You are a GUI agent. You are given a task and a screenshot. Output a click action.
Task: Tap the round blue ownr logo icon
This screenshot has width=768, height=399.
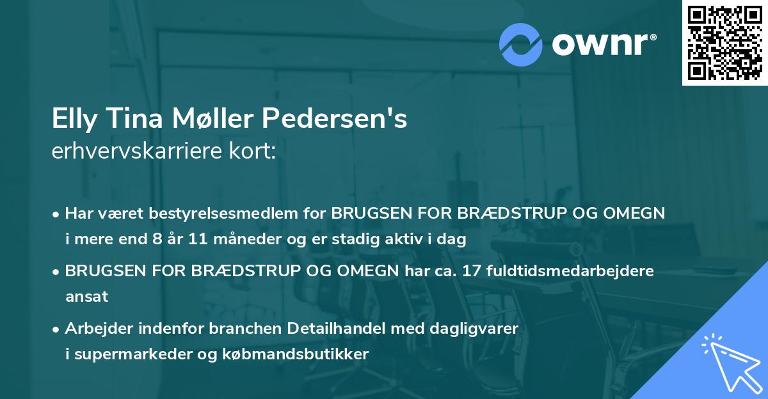521,43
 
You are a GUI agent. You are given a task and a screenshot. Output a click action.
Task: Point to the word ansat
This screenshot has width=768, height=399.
86,297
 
